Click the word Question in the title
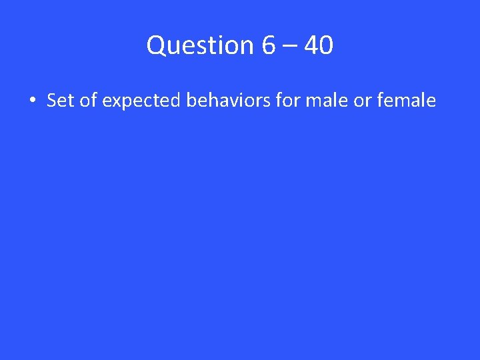coord(201,45)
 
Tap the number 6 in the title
coord(269,45)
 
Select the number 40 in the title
coord(318,45)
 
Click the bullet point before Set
coord(32,101)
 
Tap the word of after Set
coord(85,101)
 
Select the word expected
coord(141,101)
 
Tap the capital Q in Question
coord(156,45)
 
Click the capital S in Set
coord(51,101)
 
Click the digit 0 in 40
coord(326,45)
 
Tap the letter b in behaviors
coord(191,101)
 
